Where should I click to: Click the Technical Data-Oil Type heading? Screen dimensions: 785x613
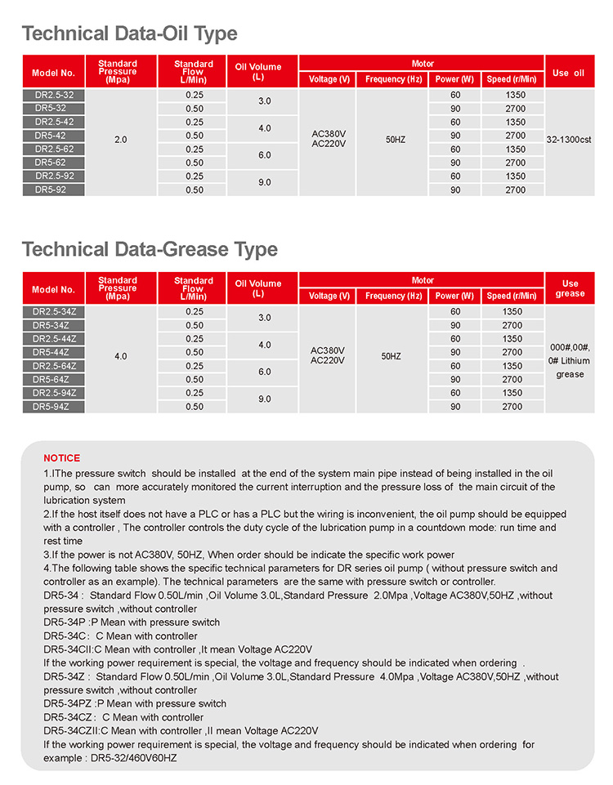[x=129, y=34]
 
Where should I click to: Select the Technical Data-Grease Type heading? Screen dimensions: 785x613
[x=150, y=250]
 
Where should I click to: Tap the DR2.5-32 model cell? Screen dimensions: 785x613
[x=54, y=95]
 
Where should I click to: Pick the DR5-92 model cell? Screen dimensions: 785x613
[x=54, y=190]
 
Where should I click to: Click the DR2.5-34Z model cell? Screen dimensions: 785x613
[x=54, y=311]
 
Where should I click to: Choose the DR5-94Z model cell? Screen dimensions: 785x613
[x=54, y=406]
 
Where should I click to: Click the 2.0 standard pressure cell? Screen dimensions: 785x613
[x=121, y=140]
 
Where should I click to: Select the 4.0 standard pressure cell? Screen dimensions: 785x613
[x=121, y=356]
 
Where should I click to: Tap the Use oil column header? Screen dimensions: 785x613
[x=568, y=73]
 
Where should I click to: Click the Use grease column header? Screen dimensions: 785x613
[x=570, y=288]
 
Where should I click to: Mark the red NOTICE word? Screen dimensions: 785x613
[x=62, y=458]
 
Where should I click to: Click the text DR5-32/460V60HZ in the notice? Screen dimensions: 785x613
[x=133, y=758]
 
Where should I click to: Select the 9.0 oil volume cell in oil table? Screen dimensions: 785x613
[x=264, y=182]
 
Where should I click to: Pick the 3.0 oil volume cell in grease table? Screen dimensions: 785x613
[x=264, y=318]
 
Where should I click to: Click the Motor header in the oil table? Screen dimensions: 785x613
[x=423, y=64]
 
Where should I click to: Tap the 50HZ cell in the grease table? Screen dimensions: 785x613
[x=392, y=356]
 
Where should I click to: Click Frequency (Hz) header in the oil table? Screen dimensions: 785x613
[x=394, y=79]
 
